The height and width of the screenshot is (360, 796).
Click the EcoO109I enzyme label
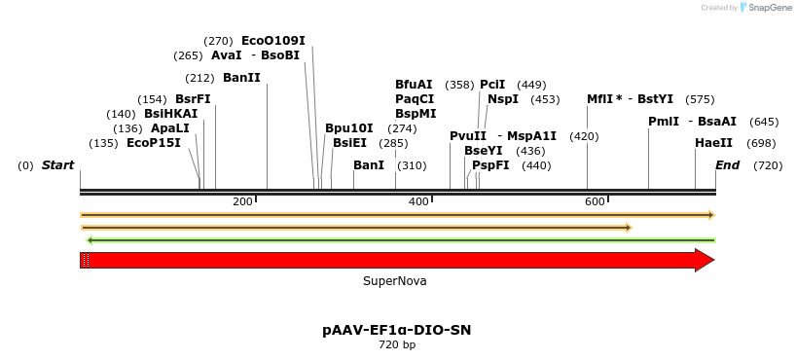point(272,41)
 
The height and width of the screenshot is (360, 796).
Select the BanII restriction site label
point(241,78)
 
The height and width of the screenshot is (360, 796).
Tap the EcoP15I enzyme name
point(154,143)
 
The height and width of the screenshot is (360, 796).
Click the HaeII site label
point(713,143)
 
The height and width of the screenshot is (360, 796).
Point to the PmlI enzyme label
point(664,122)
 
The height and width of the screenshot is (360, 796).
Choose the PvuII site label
point(468,136)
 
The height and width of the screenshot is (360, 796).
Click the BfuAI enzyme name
point(414,85)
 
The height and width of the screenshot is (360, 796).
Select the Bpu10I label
point(348,128)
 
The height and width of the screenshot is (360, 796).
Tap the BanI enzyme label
point(369,165)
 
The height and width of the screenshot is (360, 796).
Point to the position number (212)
point(200,78)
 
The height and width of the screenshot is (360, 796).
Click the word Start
point(57,165)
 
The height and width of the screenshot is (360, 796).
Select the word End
point(727,165)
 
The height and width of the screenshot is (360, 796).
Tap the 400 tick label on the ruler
point(419,201)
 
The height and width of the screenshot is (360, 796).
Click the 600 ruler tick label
point(595,201)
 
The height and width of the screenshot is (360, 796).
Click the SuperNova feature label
point(394,281)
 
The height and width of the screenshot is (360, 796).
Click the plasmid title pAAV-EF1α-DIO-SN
point(396,330)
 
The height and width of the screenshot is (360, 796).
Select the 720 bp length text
point(396,344)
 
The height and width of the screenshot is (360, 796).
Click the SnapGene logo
point(763,8)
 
